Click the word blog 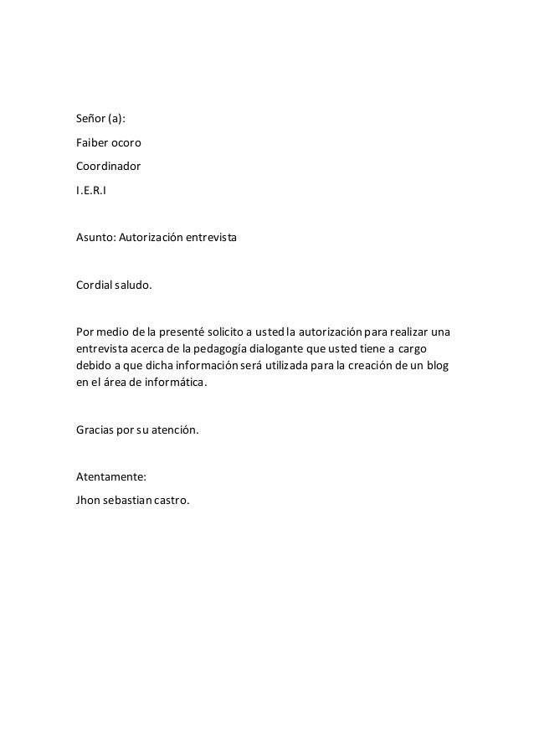(438, 365)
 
